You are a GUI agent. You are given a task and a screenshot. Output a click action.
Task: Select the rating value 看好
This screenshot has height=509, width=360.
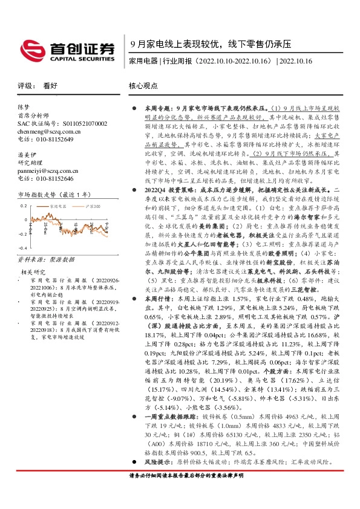tap(50, 86)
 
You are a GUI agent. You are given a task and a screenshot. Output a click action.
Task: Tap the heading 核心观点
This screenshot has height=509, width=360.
tap(144, 86)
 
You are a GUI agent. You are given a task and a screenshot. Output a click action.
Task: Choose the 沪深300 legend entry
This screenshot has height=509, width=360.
tap(88, 206)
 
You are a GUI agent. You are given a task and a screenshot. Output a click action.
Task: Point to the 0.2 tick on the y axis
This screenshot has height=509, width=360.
tap(22, 206)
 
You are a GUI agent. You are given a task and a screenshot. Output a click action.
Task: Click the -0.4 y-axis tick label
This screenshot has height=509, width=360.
tap(21, 248)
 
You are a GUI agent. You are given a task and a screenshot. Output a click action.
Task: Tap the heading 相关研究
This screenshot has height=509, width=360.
tap(34, 273)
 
